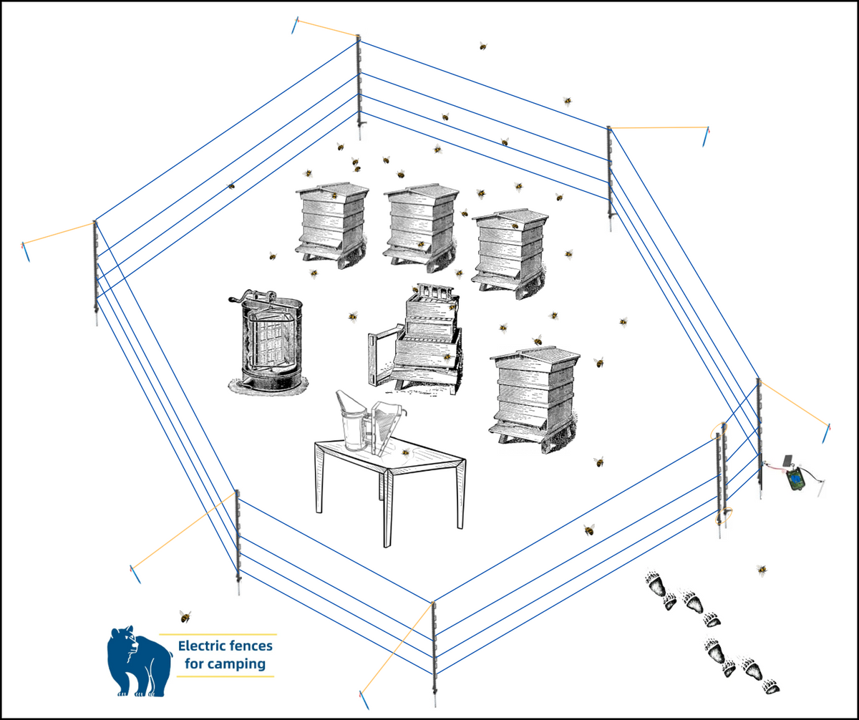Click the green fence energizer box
point(794,479)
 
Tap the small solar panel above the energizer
point(787,460)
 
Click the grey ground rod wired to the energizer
point(820,488)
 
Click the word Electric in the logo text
point(201,646)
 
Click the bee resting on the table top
point(406,453)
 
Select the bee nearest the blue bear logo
point(185,616)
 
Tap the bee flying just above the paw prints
point(762,570)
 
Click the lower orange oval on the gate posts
point(724,516)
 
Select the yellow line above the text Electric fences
point(218,634)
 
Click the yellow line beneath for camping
point(225,676)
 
